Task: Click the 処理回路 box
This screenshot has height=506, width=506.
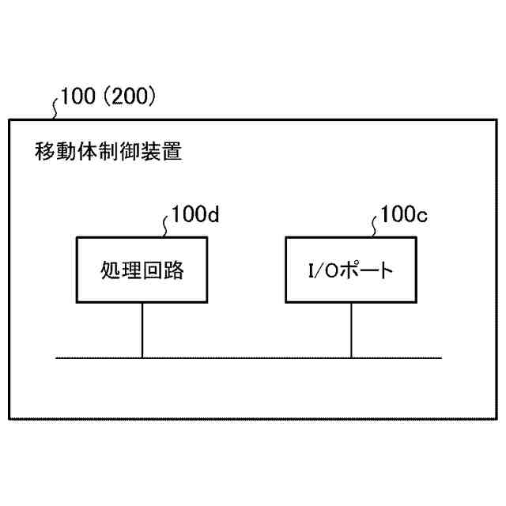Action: point(142,270)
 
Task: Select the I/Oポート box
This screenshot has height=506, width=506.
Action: point(351,270)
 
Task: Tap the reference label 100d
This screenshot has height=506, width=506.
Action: point(194,214)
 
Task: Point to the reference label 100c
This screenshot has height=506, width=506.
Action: point(404,214)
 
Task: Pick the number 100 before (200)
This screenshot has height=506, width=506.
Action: point(79,97)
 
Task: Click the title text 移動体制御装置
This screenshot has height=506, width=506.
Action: point(109,151)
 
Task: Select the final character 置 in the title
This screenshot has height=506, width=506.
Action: point(172,151)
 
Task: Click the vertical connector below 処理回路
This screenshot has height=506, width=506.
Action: point(142,330)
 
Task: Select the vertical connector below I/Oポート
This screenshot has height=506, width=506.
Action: point(351,330)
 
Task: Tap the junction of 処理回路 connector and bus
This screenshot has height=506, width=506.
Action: point(142,358)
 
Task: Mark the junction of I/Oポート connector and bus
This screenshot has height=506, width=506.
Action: point(351,358)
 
